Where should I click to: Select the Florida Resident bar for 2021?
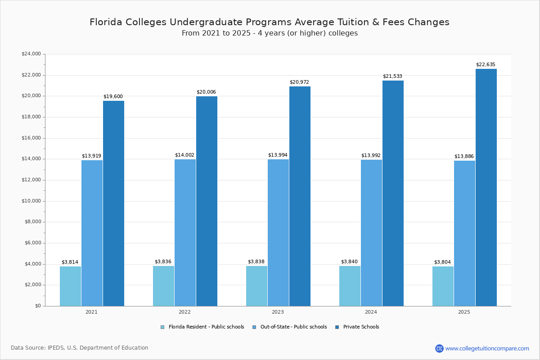[70, 286]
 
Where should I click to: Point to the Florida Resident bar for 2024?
[350, 286]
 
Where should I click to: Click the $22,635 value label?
[486, 65]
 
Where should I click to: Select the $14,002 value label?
[184, 155]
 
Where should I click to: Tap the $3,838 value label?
[256, 262]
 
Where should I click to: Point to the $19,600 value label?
[113, 97]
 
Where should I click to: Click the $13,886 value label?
[464, 157]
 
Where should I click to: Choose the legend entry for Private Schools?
[361, 327]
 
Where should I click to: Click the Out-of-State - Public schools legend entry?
[293, 327]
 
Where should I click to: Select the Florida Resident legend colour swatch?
[162, 327]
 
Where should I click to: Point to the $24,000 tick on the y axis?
[31, 54]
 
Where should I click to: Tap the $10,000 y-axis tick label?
[31, 201]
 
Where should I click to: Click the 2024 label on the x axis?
[371, 312]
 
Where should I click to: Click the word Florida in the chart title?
[107, 22]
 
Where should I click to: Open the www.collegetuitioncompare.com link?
[487, 348]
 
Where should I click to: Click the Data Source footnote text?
[80, 348]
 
